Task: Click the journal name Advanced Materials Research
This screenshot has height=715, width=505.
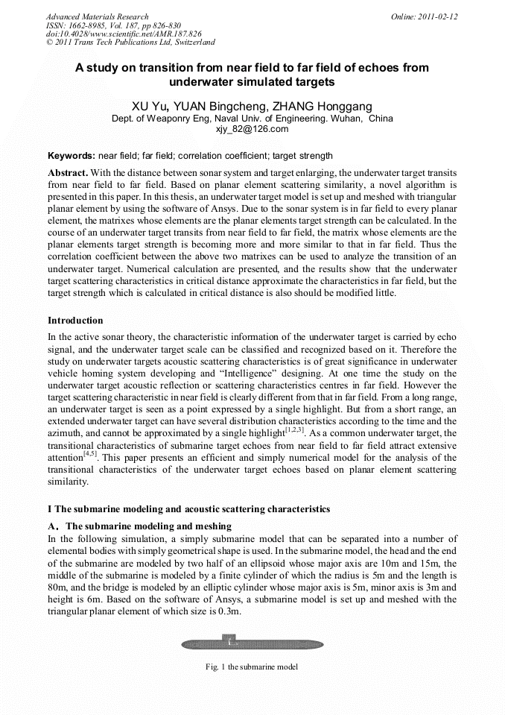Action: coord(97,16)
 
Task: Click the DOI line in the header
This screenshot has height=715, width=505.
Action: coord(123,34)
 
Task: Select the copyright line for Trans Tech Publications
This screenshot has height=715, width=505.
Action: coord(130,42)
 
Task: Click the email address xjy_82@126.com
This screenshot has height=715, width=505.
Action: coord(252,129)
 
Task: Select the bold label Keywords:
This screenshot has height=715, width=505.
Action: coord(71,157)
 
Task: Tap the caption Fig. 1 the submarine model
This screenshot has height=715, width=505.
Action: coord(252,667)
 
